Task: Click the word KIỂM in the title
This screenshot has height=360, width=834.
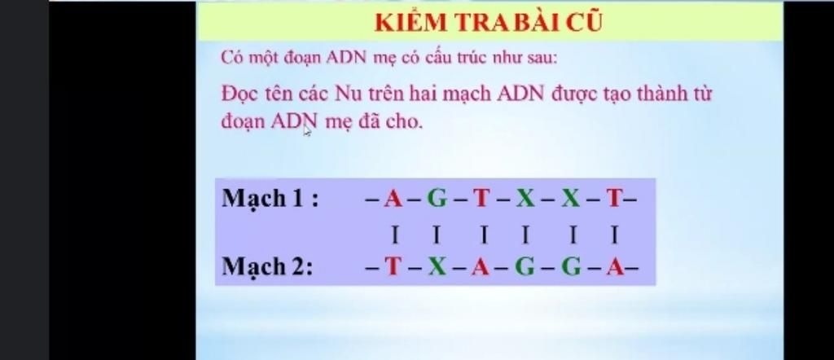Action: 405,23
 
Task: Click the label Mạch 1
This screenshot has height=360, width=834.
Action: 270,200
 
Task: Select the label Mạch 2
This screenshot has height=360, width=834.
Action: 267,266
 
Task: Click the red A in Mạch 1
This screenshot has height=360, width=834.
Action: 394,199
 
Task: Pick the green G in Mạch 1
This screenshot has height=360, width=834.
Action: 437,199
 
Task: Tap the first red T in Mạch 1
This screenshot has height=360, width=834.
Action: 481,199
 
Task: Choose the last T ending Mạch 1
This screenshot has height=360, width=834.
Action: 614,199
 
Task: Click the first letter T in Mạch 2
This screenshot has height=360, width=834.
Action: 393,267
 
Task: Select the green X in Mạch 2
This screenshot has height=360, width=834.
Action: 437,267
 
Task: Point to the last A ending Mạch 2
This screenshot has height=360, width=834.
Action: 616,267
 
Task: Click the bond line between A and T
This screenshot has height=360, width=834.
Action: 394,234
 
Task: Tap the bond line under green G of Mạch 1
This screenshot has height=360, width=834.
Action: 437,234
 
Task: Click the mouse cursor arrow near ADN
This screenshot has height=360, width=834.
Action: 307,131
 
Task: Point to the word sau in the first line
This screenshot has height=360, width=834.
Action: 542,58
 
